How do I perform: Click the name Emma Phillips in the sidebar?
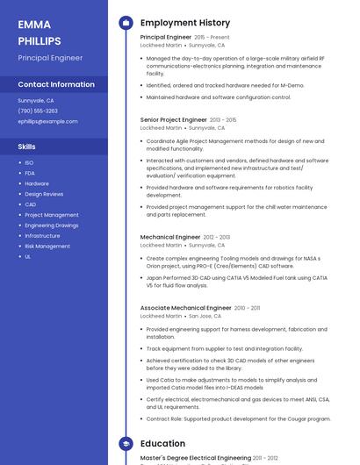[x=40, y=32]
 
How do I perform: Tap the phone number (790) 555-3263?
[x=38, y=111]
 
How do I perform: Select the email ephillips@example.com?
[x=47, y=121]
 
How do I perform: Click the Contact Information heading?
[x=56, y=84]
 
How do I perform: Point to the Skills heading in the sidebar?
[x=26, y=147]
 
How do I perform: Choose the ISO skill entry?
[x=29, y=162]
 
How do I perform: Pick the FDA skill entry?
[x=30, y=173]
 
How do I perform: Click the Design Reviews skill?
[x=44, y=194]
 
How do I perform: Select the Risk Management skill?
[x=47, y=247]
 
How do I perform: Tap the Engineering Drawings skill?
[x=52, y=225]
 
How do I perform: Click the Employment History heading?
[x=185, y=23]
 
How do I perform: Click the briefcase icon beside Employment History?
[x=126, y=23]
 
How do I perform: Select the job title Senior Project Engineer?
[x=173, y=119]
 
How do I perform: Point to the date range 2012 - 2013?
[x=216, y=237]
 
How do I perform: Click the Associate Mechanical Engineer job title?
[x=185, y=308]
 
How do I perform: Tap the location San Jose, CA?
[x=205, y=316]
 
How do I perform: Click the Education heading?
[x=162, y=444]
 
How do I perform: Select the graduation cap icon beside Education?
[x=126, y=444]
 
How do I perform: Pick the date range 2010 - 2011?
[x=247, y=308]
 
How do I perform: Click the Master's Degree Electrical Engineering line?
[x=195, y=458]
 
